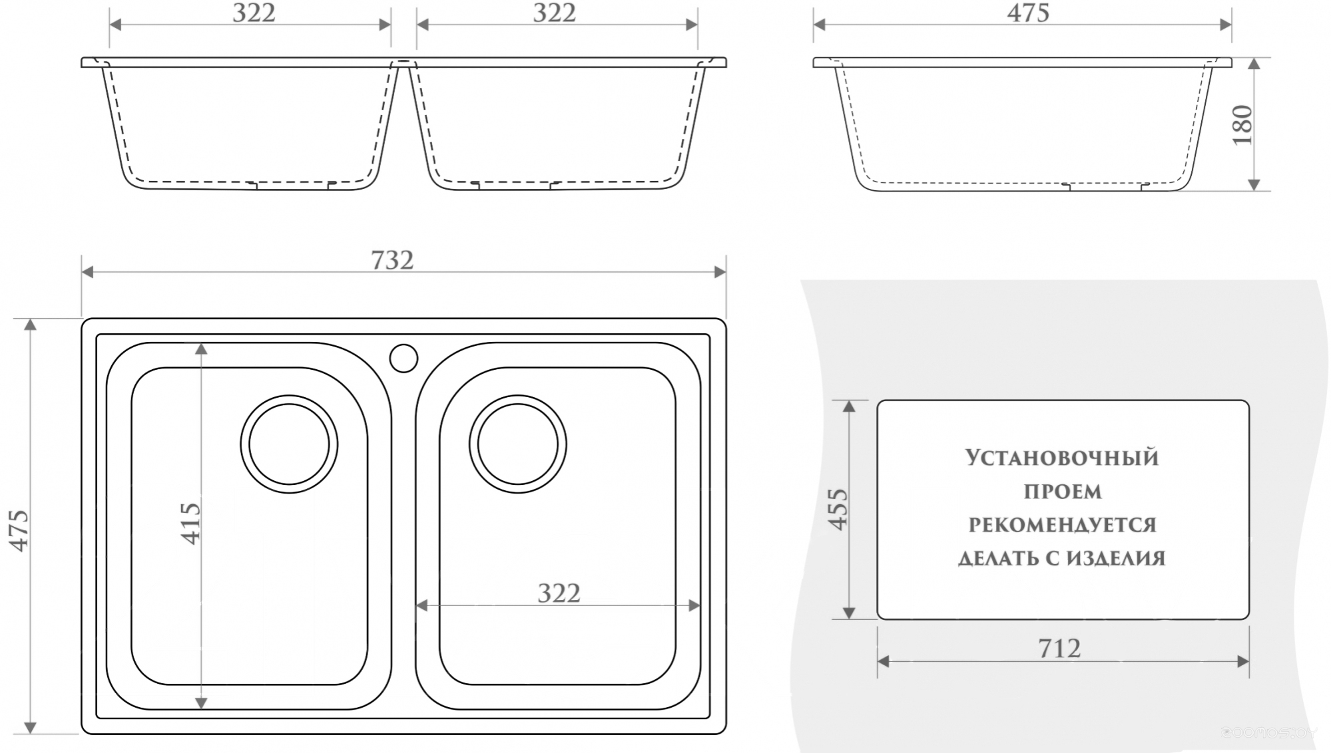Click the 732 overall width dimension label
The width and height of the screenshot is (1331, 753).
(392, 259)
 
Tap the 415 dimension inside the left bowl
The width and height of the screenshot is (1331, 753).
(190, 524)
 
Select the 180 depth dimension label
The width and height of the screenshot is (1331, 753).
(1242, 124)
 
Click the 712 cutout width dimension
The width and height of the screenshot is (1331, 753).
(1059, 648)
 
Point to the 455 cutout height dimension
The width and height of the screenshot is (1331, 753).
(838, 509)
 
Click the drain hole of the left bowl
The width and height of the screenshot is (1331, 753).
(289, 444)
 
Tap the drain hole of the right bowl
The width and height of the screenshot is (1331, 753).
(518, 444)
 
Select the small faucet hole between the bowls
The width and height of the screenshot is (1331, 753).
(403, 358)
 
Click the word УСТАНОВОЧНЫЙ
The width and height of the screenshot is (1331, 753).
(1062, 458)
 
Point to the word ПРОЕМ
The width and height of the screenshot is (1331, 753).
(1063, 492)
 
